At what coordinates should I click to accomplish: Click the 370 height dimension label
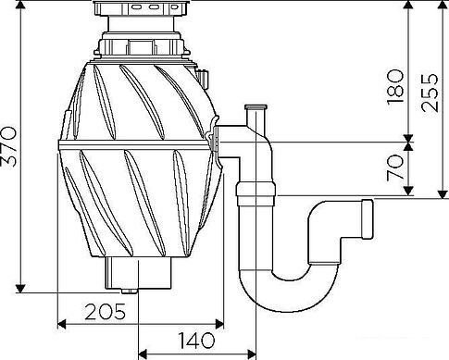[x=9, y=146]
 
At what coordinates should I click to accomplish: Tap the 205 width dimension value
[x=106, y=312]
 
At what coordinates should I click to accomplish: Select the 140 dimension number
[x=196, y=341]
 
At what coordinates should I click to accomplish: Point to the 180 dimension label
[x=395, y=87]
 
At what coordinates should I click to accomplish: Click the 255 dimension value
[x=430, y=93]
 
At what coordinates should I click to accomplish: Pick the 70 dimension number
[x=395, y=168]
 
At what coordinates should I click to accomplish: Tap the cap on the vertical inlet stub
[x=256, y=107]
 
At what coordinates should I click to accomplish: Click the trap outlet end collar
[x=368, y=219]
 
